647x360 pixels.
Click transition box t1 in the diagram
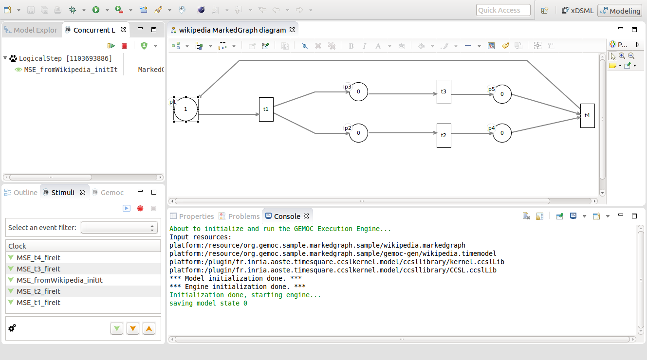pos(266,109)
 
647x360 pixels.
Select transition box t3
pos(444,92)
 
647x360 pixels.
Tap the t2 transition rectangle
pos(444,136)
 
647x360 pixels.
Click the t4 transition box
pos(587,116)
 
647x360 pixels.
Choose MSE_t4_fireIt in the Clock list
pos(38,258)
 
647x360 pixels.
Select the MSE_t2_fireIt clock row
pos(38,291)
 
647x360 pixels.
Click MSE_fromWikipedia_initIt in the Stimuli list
pos(59,280)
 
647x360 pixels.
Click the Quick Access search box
pos(503,10)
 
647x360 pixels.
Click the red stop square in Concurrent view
pos(125,46)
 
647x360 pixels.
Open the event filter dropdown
pos(119,228)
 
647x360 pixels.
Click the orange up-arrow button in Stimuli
pos(149,328)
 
